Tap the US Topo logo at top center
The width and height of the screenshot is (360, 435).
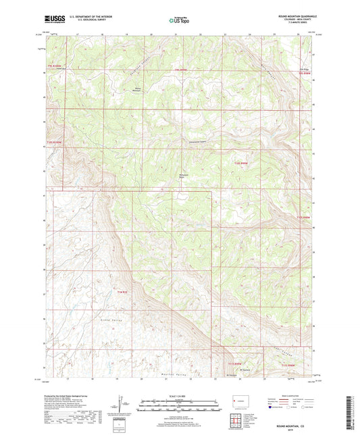coord(179,21)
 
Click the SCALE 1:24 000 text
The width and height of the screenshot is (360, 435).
coord(179,394)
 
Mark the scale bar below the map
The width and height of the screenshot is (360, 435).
coord(179,407)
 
